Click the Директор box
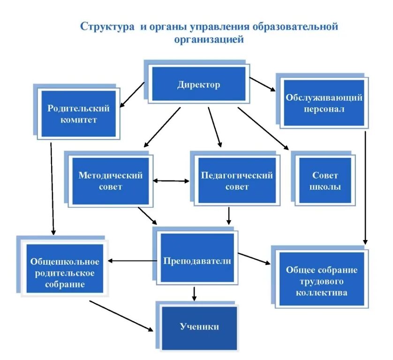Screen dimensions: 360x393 [x=198, y=84]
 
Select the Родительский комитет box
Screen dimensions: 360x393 [x=78, y=114]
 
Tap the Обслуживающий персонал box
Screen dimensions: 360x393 [x=324, y=103]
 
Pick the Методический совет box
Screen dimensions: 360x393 [x=110, y=181]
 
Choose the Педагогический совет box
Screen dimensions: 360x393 [x=237, y=181]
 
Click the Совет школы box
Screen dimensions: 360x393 [x=325, y=181]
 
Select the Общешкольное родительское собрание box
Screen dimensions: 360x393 [x=65, y=272]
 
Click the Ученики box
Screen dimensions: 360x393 [x=199, y=327]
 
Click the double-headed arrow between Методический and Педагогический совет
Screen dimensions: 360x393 [x=171, y=180]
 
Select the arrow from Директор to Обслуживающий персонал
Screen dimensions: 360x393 [x=263, y=85]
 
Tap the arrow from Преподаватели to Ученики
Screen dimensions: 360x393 [x=194, y=294]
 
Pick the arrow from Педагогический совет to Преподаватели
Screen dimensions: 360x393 [x=229, y=215]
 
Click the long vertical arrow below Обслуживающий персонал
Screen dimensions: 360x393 [x=365, y=187]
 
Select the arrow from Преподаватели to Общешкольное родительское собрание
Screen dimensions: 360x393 [x=132, y=261]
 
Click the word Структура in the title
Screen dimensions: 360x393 [x=107, y=26]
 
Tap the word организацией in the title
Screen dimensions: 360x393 [x=209, y=40]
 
